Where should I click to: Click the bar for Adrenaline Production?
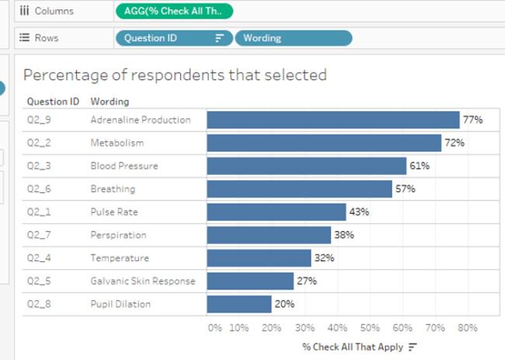tap(333, 121)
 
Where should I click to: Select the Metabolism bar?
tap(324, 143)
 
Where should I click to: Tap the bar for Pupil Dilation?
tap(239, 304)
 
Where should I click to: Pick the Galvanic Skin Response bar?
tap(250, 281)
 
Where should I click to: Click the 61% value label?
tap(420, 166)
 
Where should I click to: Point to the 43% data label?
tap(359, 212)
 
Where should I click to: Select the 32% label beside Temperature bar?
tap(323, 258)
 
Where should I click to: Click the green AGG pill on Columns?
tap(173, 11)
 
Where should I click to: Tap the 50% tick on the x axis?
tap(370, 327)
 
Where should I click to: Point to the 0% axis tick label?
tap(216, 327)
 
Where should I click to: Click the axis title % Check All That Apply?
tap(352, 347)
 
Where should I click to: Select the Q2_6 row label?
tap(38, 189)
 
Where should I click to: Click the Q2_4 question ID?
tap(38, 258)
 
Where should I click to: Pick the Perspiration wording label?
tap(118, 235)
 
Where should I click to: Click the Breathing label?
tap(113, 189)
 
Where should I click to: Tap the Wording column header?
tap(110, 101)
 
